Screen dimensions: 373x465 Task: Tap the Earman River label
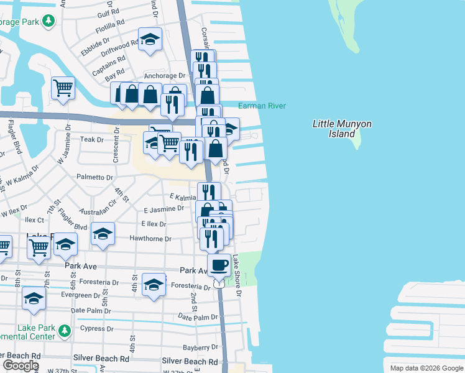pyautogui.click(x=262, y=106)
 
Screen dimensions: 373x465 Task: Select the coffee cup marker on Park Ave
pyautogui.click(x=218, y=265)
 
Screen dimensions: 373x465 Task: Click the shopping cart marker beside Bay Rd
pyautogui.click(x=63, y=88)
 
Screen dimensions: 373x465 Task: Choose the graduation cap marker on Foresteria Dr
pyautogui.click(x=154, y=285)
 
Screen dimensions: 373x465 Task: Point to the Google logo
pyautogui.click(x=21, y=366)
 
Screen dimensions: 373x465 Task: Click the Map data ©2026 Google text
pyautogui.click(x=425, y=368)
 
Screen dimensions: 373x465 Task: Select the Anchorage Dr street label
pyautogui.click(x=165, y=76)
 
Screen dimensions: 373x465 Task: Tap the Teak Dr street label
pyautogui.click(x=88, y=140)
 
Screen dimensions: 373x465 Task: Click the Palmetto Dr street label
pyautogui.click(x=94, y=177)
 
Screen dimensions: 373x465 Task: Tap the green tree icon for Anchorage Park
pyautogui.click(x=48, y=22)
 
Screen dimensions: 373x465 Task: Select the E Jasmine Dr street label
pyautogui.click(x=163, y=210)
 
